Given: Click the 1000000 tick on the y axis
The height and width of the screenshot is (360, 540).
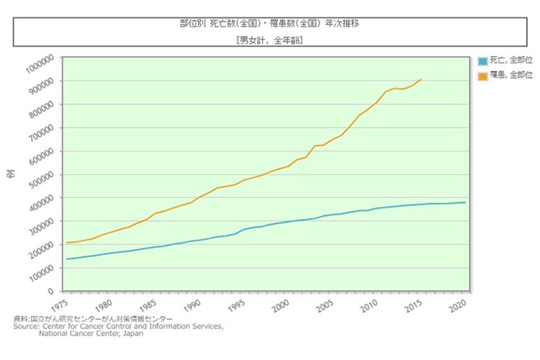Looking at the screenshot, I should click(42, 65).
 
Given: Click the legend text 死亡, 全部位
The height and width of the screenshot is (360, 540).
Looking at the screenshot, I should click(510, 61).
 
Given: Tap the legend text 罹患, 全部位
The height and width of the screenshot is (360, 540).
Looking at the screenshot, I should click(510, 73).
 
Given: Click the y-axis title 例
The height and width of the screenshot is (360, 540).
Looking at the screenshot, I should click(11, 175).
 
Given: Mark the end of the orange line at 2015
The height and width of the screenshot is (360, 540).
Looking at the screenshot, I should click(421, 79).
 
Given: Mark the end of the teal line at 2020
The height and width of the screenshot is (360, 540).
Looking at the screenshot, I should click(465, 202).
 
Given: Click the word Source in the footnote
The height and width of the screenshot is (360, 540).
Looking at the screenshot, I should click(25, 326).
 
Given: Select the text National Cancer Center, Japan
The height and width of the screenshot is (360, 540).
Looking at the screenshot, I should click(91, 334).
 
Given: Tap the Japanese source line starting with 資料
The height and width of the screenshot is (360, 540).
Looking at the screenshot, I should click(94, 318).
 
